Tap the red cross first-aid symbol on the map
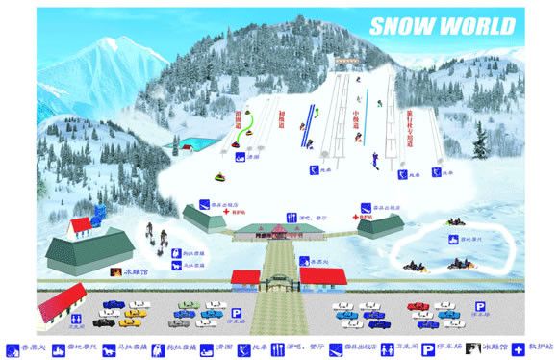(355, 219)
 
